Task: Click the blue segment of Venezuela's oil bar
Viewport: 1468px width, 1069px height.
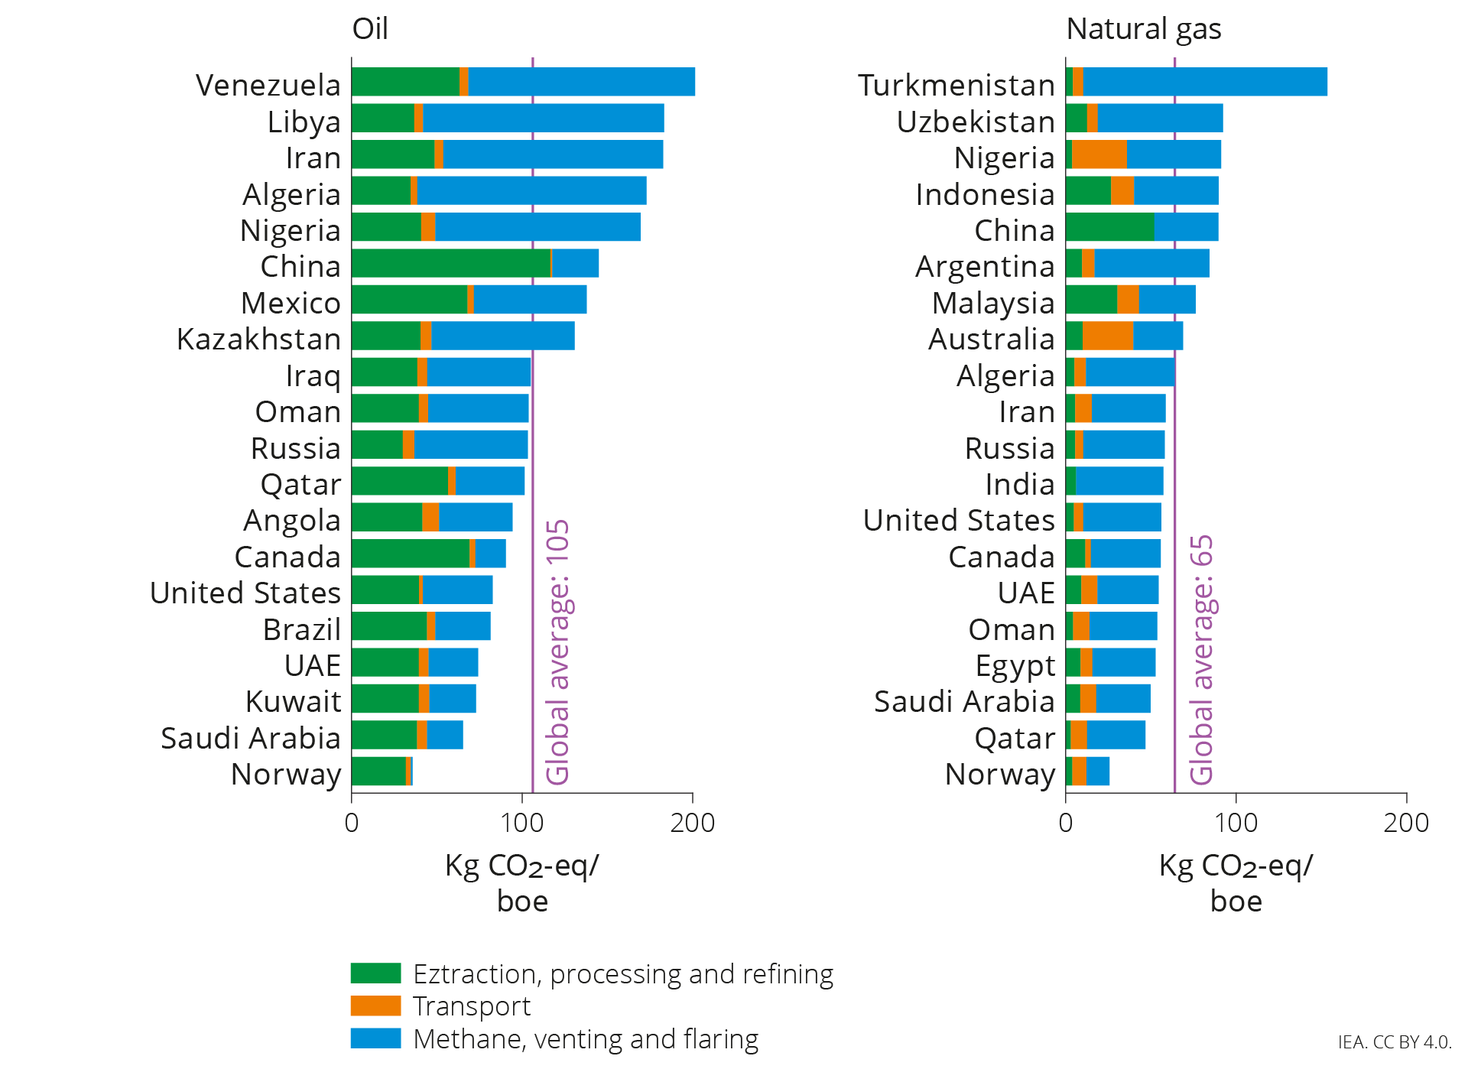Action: (x=581, y=82)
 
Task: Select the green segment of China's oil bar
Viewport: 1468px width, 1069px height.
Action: (x=451, y=263)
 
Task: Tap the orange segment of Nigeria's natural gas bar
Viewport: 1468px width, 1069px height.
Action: (x=1099, y=154)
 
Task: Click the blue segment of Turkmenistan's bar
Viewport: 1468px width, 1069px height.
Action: (x=1204, y=82)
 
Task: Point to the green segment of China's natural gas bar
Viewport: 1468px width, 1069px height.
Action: (x=1109, y=227)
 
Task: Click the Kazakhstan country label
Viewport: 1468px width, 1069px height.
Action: (x=258, y=339)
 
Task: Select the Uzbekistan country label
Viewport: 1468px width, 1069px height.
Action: (x=976, y=122)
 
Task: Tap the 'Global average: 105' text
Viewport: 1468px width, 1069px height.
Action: (x=557, y=651)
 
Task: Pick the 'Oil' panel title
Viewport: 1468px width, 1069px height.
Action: (x=370, y=29)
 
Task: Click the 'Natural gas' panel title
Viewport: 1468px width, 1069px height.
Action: (x=1143, y=29)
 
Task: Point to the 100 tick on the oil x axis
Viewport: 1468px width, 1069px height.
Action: (x=522, y=823)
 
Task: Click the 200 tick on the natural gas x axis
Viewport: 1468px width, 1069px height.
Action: (x=1405, y=823)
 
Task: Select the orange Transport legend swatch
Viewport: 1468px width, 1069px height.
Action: (x=375, y=1006)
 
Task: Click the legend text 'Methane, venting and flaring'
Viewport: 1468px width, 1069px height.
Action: (x=586, y=1039)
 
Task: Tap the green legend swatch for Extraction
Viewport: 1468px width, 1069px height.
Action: (x=375, y=973)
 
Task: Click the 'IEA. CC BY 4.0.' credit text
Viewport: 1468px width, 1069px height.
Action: (x=1394, y=1042)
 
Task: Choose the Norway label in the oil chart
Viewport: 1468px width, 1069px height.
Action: (x=286, y=775)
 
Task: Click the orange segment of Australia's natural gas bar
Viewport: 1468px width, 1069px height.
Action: (x=1107, y=336)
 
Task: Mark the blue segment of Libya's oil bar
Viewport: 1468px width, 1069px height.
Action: (x=543, y=119)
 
